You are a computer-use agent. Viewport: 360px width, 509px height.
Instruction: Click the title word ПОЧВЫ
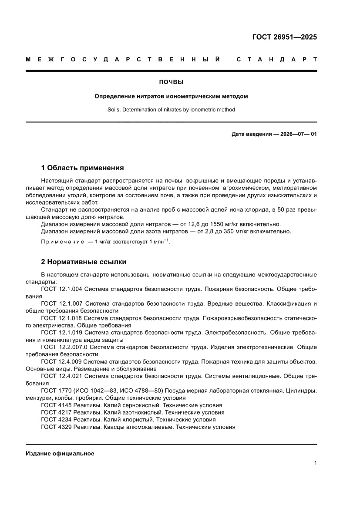click(171, 82)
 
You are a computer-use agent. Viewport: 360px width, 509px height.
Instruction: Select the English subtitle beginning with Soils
click(171, 110)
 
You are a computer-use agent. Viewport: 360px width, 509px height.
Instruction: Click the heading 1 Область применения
click(82, 168)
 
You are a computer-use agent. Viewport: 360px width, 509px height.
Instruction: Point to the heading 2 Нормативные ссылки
click(84, 262)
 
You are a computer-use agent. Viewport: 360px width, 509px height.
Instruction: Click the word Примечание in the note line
click(62, 242)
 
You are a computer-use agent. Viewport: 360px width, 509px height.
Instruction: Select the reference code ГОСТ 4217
click(56, 412)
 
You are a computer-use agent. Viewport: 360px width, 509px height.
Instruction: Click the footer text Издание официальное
click(60, 454)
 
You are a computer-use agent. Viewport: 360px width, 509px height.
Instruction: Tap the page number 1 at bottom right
click(315, 463)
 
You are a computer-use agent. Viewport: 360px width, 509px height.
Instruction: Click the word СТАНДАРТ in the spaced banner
click(276, 59)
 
